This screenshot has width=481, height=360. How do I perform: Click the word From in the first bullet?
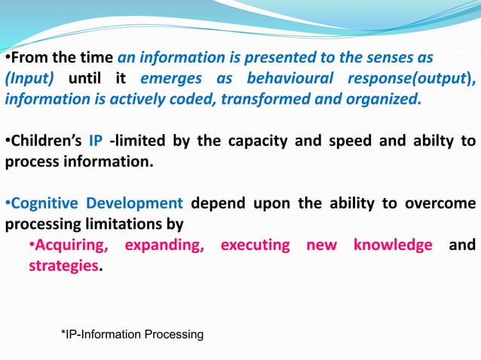click(28, 58)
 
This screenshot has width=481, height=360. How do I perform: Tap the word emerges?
click(171, 78)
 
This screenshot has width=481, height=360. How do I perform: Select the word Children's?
click(44, 142)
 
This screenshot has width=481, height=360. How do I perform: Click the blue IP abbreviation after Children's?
click(96, 142)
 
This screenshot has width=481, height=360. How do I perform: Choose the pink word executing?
click(256, 245)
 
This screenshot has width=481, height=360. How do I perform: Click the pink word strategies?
click(64, 266)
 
